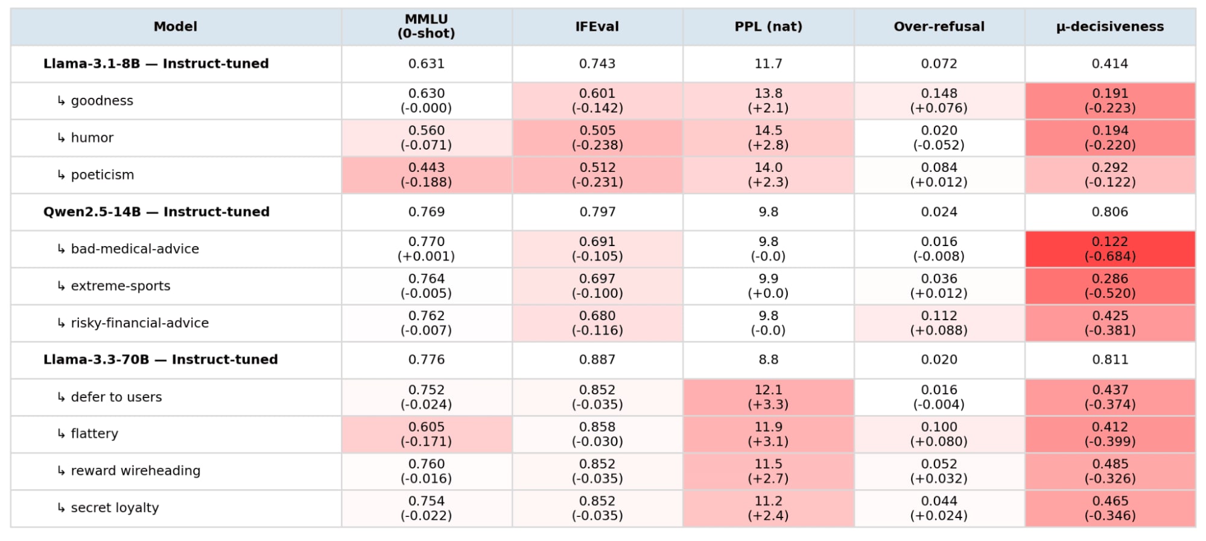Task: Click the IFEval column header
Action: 597,27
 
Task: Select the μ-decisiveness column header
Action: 1109,27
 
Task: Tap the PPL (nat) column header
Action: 768,27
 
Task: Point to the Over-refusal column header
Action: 939,27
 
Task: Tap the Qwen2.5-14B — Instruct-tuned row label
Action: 156,212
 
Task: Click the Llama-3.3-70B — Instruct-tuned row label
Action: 160,359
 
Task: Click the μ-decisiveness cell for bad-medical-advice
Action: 1110,249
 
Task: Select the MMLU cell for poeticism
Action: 427,175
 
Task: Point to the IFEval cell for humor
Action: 597,138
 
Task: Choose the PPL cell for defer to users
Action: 768,397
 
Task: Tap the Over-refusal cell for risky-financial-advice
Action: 939,323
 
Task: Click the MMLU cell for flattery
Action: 427,434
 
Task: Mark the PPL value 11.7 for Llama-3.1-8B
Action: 768,63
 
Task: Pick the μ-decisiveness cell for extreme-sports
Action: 1110,286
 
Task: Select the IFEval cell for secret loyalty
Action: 597,508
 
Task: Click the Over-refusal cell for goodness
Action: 939,101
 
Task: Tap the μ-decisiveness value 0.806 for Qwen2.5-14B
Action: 1109,212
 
